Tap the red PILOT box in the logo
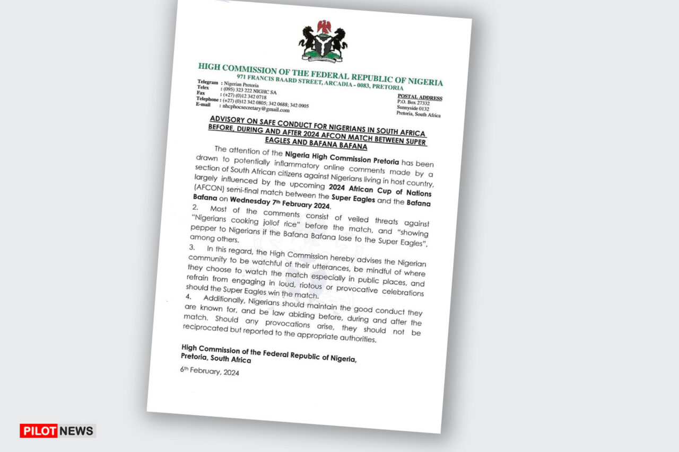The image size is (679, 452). pyautogui.click(x=38, y=430)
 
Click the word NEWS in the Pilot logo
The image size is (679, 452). pyautogui.click(x=76, y=430)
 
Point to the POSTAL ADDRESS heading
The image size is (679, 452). pyautogui.click(x=420, y=98)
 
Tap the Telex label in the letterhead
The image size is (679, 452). pyautogui.click(x=203, y=87)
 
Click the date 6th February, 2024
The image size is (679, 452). pyautogui.click(x=210, y=372)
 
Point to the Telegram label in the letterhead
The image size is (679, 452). pyautogui.click(x=207, y=82)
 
